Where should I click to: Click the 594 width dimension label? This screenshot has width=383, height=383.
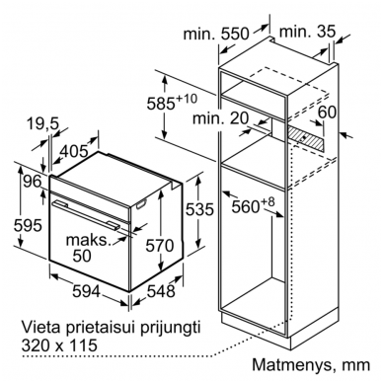tap(86, 291)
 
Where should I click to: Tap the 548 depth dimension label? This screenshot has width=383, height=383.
tap(161, 291)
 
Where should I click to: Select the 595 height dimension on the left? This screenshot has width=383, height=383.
tap(28, 225)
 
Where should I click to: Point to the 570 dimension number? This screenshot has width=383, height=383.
tap(160, 246)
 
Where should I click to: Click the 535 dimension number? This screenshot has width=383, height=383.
tap(199, 209)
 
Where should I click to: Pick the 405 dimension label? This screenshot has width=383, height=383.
tap(75, 151)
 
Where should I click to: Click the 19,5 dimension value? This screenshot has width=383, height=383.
tap(42, 124)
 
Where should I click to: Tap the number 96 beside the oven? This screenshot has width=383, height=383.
tap(33, 182)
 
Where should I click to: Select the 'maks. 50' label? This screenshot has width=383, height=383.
tap(87, 248)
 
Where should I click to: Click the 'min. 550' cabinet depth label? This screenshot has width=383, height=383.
tap(216, 34)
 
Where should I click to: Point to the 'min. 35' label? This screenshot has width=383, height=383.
tap(307, 32)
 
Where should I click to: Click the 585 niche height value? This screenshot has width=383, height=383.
tap(171, 103)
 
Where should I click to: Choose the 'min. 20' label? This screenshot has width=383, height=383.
tap(220, 118)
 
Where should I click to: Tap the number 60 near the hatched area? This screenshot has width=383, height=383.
tap(328, 112)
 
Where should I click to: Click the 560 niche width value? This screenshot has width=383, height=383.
tap(253, 205)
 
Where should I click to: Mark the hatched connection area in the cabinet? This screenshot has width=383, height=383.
tap(306, 139)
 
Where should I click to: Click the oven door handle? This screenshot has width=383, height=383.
tap(87, 214)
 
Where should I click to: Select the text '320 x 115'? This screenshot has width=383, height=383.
tap(59, 345)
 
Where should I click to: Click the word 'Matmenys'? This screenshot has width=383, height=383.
tap(291, 365)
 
